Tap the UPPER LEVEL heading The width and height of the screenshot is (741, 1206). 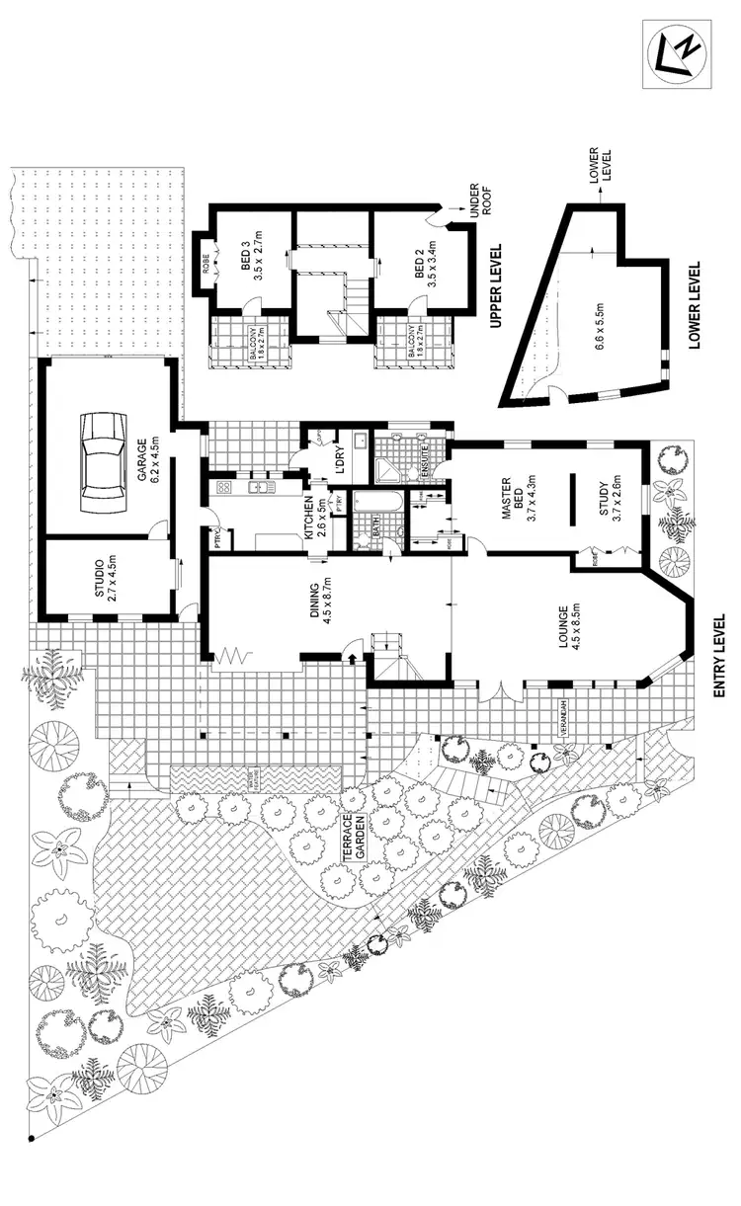point(497,286)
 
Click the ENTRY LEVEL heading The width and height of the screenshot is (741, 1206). point(719,656)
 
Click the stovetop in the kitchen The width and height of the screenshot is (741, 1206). point(223,486)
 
